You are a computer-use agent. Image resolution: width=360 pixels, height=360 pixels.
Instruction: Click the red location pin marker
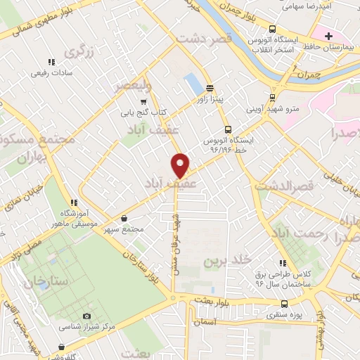point(181,165)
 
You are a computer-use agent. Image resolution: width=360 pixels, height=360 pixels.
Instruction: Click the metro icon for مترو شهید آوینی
point(272,98)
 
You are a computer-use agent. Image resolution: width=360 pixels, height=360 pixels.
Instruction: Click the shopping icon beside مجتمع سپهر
point(124,218)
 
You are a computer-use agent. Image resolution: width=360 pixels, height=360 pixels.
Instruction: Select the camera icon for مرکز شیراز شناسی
point(86,317)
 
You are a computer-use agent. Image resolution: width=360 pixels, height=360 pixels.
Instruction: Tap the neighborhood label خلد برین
point(226,260)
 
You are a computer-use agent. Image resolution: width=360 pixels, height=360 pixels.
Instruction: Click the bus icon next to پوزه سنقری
point(283,304)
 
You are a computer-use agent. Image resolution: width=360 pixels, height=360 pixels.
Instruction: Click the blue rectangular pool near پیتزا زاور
point(193,84)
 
